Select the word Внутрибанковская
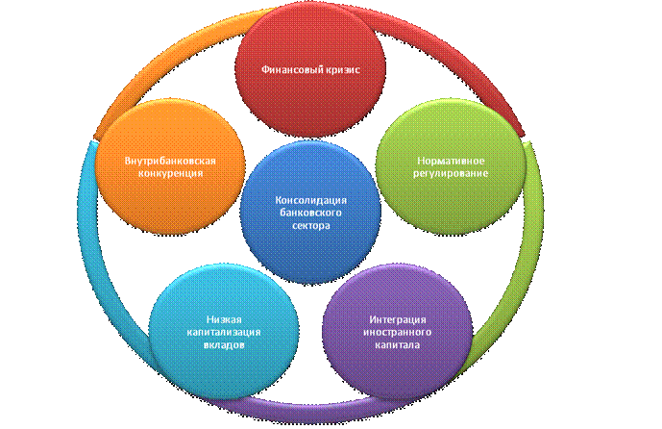169,160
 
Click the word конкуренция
169,173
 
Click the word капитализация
210,332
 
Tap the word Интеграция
398,319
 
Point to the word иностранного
398,332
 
